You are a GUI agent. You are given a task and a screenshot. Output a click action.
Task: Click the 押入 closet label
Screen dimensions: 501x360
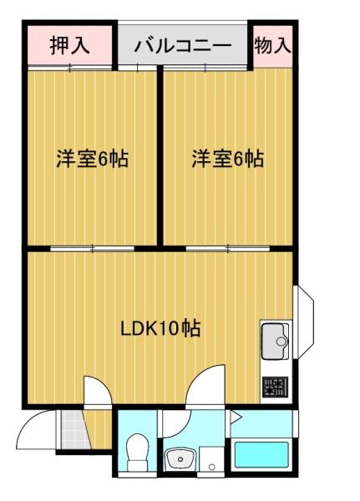tap(69, 46)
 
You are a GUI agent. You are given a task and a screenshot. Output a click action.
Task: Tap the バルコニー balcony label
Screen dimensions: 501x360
tap(182, 46)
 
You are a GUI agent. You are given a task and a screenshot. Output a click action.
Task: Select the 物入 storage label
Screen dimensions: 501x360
tap(273, 46)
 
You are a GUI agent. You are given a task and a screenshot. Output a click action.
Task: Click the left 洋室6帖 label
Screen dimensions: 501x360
tap(92, 159)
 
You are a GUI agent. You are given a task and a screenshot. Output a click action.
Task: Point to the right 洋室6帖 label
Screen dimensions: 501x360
tap(227, 159)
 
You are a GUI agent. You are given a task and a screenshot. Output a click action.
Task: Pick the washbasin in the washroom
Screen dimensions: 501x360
tap(179, 458)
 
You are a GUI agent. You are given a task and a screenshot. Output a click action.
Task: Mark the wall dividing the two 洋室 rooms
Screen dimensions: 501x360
tap(160, 159)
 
